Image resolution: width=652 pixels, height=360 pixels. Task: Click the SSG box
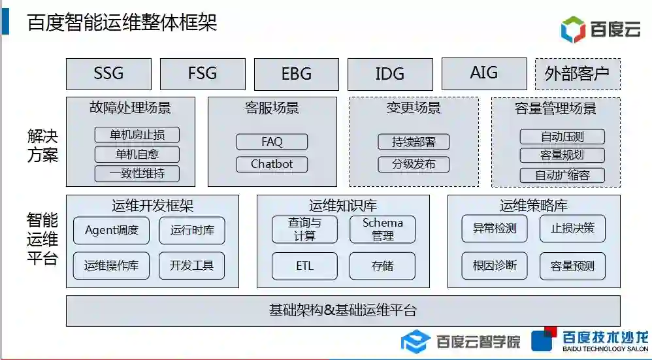click(x=108, y=74)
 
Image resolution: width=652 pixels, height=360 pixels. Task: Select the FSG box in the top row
click(x=203, y=74)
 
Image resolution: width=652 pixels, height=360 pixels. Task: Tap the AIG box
click(x=484, y=73)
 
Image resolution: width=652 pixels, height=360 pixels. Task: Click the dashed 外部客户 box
click(x=578, y=74)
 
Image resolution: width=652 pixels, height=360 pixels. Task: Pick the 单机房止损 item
click(x=137, y=135)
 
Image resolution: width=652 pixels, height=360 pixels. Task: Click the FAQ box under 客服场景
click(x=272, y=142)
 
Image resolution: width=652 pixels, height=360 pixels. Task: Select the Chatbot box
click(x=272, y=164)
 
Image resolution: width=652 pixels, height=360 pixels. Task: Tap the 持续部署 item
click(x=414, y=142)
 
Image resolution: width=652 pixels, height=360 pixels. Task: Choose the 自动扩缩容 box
click(x=562, y=175)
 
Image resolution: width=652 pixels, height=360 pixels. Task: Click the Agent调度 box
click(x=112, y=230)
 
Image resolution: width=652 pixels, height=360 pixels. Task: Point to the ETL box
click(x=305, y=266)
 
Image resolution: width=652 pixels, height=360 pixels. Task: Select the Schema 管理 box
click(x=383, y=229)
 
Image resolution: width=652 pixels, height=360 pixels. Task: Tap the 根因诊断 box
click(x=495, y=265)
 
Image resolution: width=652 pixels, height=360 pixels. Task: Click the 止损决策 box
click(x=572, y=229)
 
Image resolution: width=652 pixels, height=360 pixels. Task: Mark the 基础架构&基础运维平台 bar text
click(x=343, y=310)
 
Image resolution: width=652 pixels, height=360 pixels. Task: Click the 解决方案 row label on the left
click(x=43, y=146)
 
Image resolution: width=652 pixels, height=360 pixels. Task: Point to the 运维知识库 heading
click(x=343, y=206)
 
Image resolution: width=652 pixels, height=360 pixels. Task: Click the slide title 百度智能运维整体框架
click(x=122, y=23)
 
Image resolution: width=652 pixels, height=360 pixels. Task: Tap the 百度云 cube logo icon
click(x=574, y=29)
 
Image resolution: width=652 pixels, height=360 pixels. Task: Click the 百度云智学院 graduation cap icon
click(x=415, y=341)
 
